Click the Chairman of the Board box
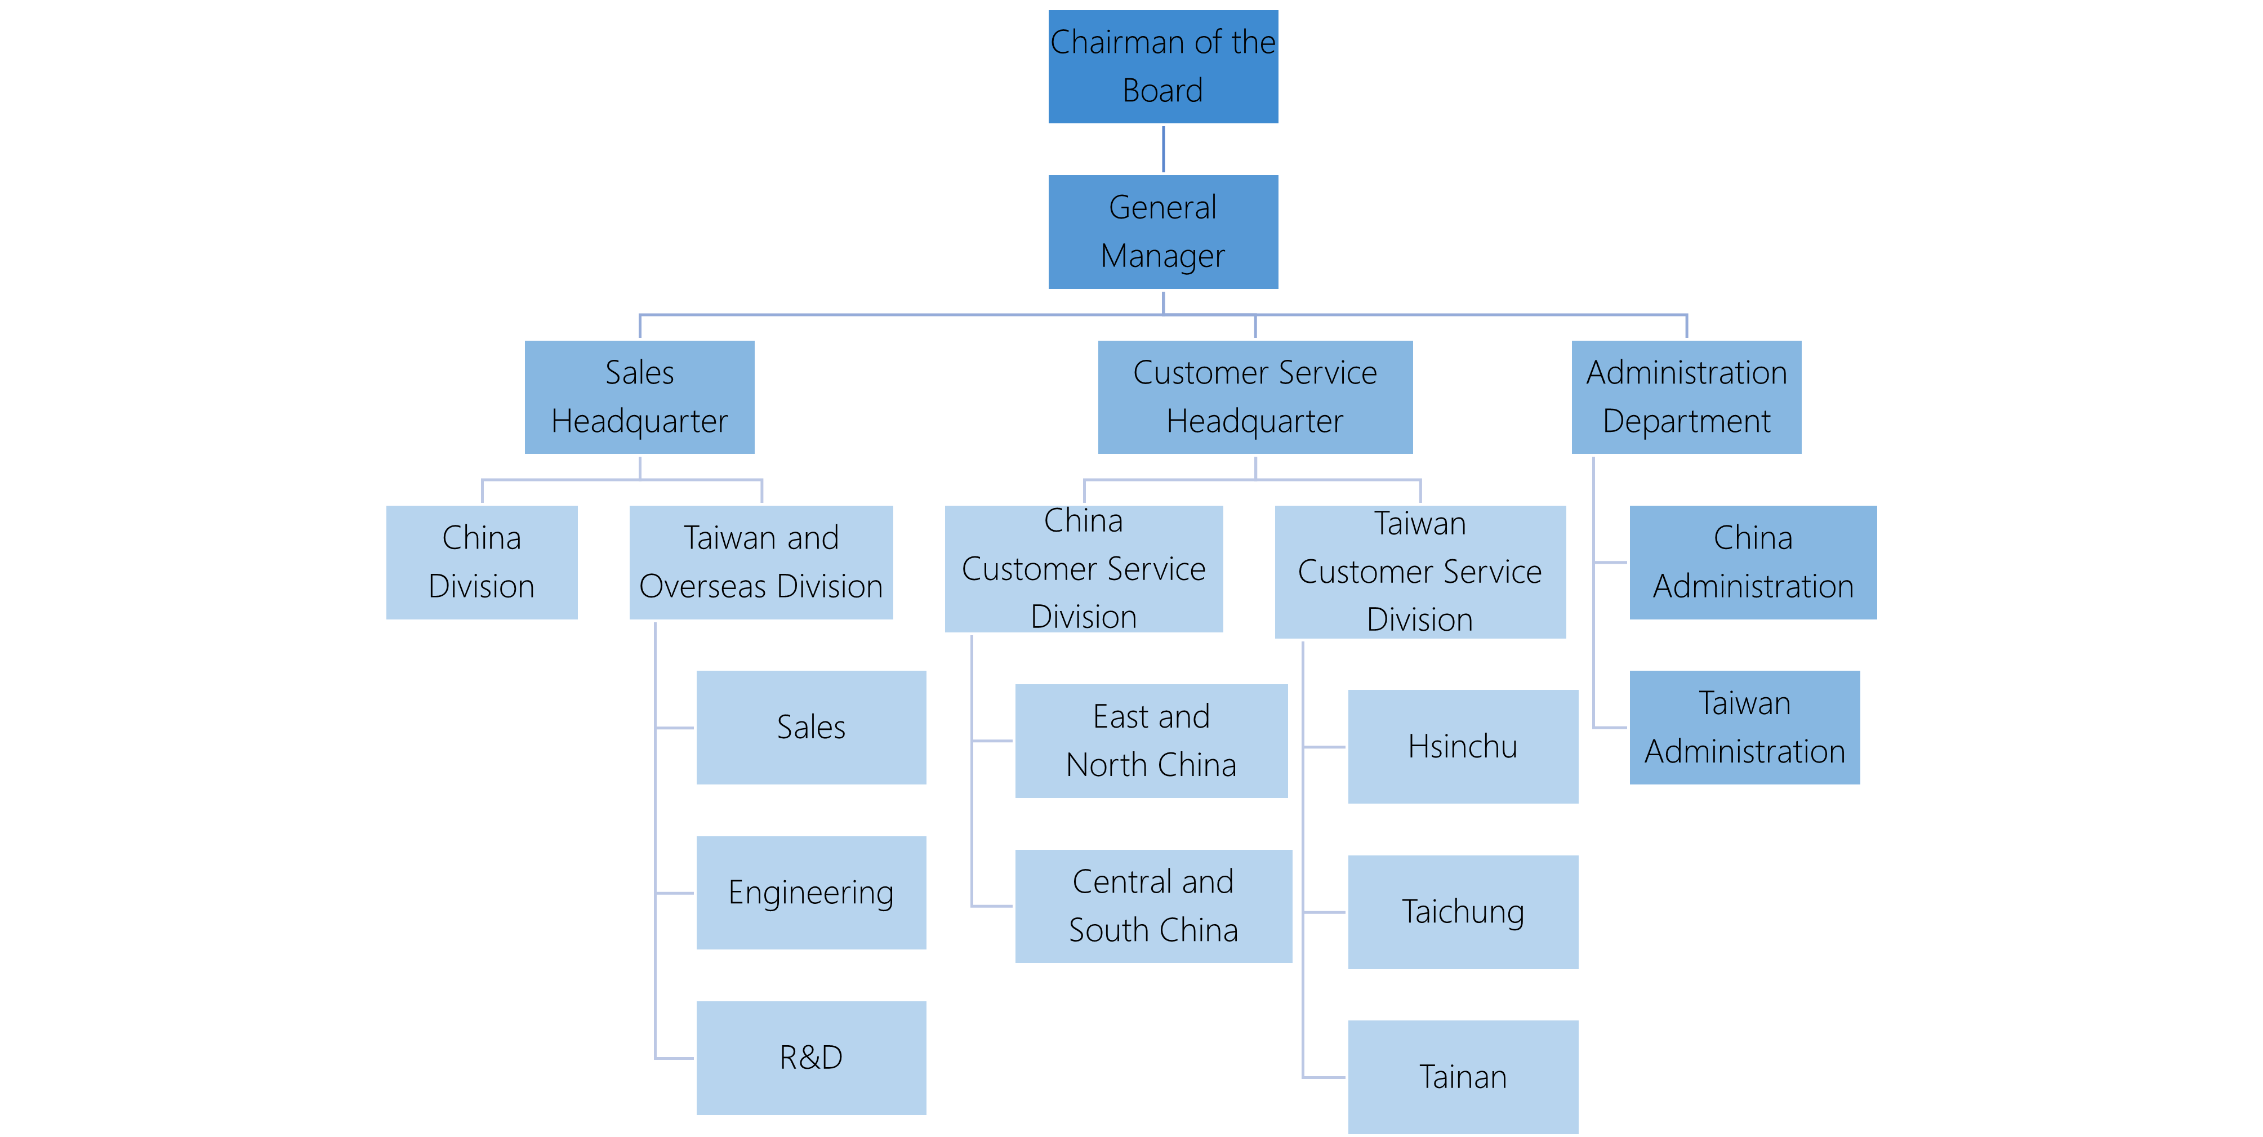(1163, 67)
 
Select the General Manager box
(1163, 232)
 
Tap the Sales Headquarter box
(640, 397)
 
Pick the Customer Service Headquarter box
(1255, 397)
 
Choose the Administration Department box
(1687, 397)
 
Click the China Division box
(482, 563)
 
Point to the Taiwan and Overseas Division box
(761, 563)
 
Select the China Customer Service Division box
(1084, 569)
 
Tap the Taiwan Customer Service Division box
(1420, 572)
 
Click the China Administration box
(1753, 563)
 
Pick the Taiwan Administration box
(1745, 728)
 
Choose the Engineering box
(811, 893)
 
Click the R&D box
(811, 1058)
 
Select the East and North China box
(1152, 741)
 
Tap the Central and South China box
(1153, 906)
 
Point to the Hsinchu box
(1463, 747)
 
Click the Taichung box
(1463, 912)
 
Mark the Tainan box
(1463, 1077)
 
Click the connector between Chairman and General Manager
(1163, 149)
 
